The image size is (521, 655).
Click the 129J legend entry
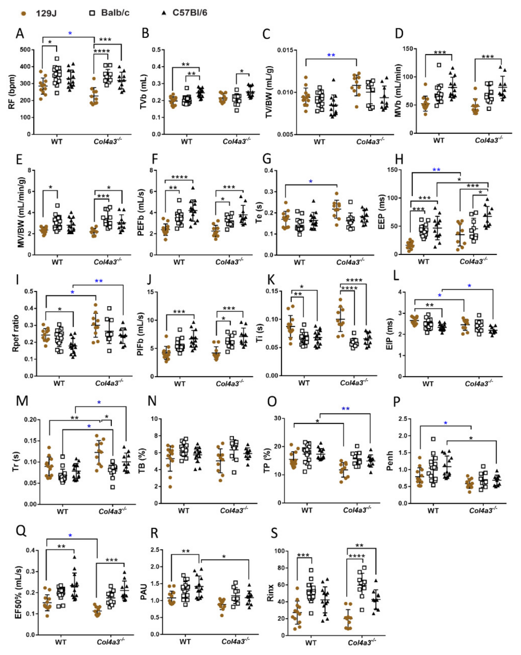(46, 13)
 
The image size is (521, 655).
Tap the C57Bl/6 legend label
(190, 13)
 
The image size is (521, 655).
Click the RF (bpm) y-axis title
(12, 92)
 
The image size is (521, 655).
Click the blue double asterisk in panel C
(331, 55)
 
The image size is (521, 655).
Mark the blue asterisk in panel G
(310, 182)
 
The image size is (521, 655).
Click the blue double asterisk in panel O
(346, 409)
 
